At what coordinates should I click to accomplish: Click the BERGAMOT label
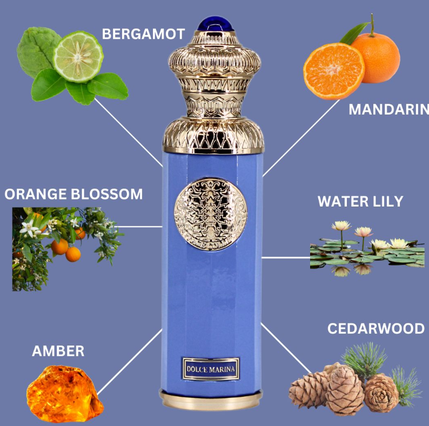coord(143,34)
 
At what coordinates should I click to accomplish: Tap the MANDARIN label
coord(389,109)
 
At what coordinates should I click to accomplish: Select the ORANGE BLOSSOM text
coord(73,194)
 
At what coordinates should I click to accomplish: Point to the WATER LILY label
coord(360,201)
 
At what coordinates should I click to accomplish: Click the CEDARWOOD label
coord(376,328)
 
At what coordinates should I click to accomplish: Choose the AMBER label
coord(58,351)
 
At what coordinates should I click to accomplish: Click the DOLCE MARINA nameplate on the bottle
coord(211,369)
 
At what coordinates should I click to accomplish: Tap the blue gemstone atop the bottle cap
coord(215,24)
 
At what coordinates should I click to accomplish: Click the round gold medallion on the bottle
coord(211,215)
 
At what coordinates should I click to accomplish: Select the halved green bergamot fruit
coord(78,57)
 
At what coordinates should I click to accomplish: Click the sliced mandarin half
coord(334,71)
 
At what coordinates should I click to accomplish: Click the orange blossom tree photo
coord(67,249)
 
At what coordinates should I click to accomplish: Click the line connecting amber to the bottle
coord(130,362)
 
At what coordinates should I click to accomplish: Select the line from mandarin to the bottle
coord(301,138)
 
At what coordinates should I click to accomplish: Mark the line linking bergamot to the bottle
coord(129,132)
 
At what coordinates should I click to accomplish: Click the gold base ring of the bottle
coord(211,400)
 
